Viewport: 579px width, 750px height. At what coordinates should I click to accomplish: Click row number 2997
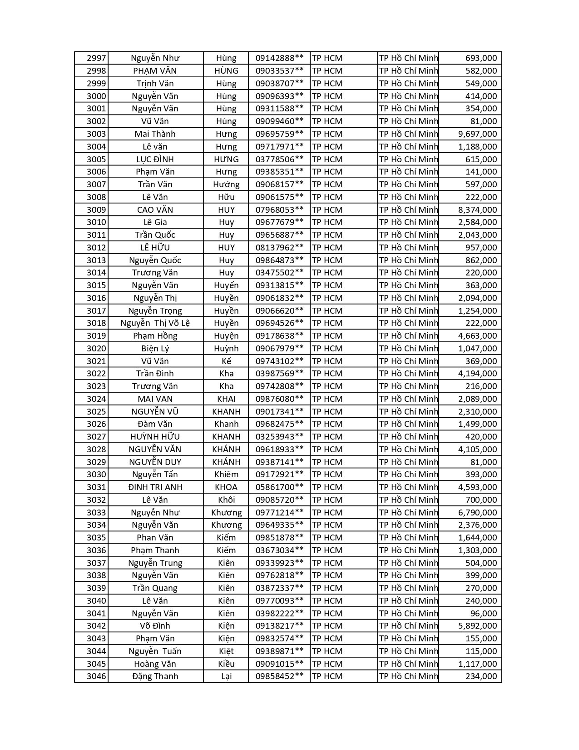[96, 58]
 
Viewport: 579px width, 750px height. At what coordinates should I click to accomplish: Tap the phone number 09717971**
[279, 147]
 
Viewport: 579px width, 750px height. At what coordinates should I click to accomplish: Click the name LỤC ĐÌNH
[155, 160]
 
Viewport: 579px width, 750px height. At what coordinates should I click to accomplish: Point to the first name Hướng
[226, 185]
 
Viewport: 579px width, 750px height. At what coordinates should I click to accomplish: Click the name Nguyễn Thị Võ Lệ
[155, 323]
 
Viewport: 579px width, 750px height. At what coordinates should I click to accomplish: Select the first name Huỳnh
[226, 349]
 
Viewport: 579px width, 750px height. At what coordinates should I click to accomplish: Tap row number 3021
[96, 361]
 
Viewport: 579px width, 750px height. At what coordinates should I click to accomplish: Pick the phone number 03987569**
[279, 374]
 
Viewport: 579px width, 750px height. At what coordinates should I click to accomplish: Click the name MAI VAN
[155, 399]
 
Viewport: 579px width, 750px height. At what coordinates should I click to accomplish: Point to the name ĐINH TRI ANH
[155, 487]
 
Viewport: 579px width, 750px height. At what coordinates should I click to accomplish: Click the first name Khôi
[226, 500]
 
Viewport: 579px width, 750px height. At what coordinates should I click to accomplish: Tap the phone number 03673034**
[279, 550]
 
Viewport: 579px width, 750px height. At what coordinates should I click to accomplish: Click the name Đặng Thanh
[155, 676]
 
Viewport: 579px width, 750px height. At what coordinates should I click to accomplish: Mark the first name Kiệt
[226, 651]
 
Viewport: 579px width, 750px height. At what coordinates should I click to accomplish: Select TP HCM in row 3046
[327, 676]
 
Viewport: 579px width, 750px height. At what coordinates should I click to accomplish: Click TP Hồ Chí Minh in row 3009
[408, 210]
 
